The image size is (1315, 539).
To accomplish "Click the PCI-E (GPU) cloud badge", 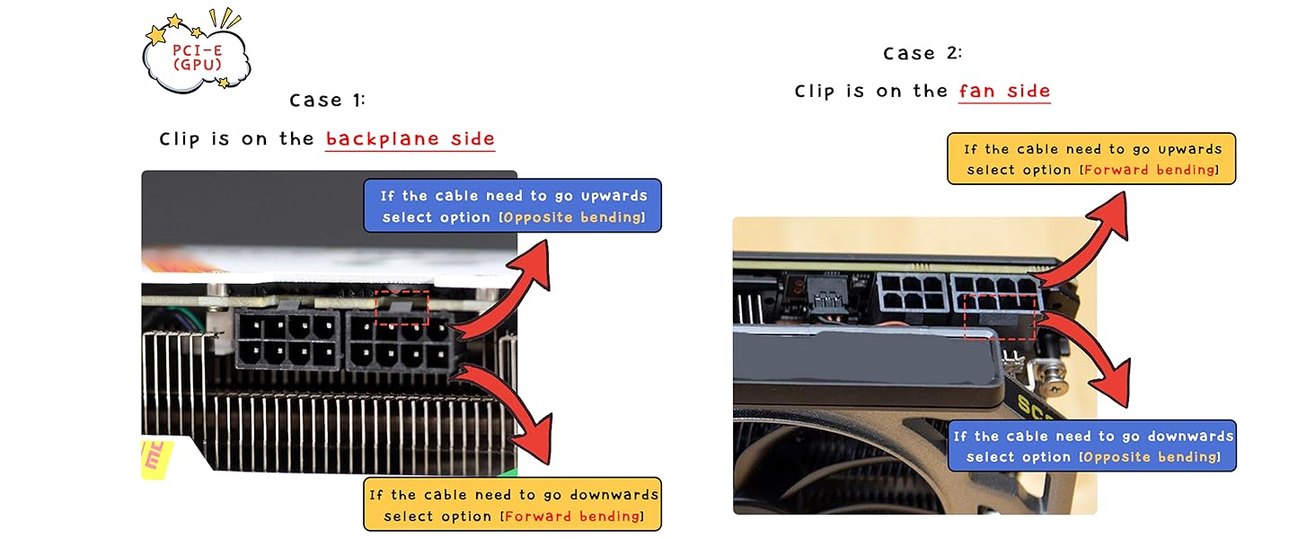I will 197,54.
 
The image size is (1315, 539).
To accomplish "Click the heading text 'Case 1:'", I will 328,100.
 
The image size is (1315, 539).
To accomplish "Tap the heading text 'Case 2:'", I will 922,53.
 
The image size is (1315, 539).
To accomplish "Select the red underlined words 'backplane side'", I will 410,139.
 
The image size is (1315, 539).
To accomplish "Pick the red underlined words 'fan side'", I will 1004,92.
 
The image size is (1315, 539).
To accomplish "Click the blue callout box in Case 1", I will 512,207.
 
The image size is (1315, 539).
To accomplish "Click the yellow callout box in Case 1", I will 512,505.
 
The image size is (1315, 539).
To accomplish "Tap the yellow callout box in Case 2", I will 1091,159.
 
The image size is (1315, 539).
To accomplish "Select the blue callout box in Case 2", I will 1092,446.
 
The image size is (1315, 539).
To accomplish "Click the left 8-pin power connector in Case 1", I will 287,340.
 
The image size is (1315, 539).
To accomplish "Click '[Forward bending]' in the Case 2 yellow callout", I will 1150,170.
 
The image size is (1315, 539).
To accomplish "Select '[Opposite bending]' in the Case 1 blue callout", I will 573,217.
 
